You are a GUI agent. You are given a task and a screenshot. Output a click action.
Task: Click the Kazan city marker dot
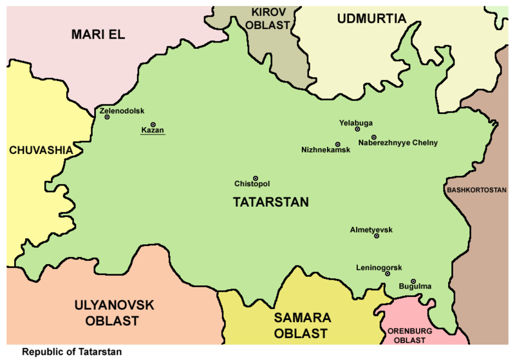coord(153,124)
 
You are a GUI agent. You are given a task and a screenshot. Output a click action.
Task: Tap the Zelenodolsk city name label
coord(122,111)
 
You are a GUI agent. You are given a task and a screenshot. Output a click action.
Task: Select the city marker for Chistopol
coord(256,178)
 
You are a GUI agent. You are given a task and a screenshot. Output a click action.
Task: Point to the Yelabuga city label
coord(355,122)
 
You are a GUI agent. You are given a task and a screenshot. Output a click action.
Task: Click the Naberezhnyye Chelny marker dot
coord(373,137)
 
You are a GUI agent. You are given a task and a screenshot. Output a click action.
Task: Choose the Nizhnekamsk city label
coord(325,150)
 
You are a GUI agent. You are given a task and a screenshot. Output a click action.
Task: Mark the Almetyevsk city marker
coord(377,236)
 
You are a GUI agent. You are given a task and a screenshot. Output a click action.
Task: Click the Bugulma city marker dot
coord(413,281)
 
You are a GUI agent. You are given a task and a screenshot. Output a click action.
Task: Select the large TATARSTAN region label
coord(270,202)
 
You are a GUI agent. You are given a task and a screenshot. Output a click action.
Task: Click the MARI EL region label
coord(97,34)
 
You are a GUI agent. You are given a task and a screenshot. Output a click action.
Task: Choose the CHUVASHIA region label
coord(41,150)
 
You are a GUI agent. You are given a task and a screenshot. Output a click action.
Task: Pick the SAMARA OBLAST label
coord(302,325)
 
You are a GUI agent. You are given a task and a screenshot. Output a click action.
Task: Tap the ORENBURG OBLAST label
coord(409,335)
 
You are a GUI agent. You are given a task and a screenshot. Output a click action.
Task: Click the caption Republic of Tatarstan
coord(71,352)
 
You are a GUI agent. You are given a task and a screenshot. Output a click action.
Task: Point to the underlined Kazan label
coord(153,131)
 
